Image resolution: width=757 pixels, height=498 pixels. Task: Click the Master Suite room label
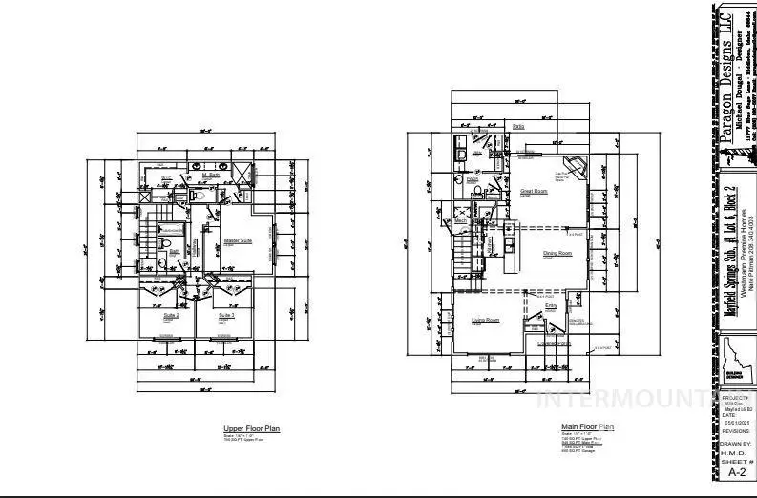238,241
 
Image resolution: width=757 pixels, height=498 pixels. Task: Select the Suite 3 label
226,315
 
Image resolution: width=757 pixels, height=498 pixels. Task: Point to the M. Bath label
212,176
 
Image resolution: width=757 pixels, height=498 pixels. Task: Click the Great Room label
534,191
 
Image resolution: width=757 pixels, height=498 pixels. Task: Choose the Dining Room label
557,253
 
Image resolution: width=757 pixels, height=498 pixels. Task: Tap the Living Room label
486,321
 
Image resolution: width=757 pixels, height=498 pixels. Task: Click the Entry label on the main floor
551,306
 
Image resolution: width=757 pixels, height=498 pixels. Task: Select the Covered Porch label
553,343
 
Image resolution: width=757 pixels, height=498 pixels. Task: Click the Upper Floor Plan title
245,430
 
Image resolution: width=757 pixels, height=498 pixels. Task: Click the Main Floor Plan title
587,427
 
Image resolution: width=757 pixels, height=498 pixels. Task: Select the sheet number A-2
737,471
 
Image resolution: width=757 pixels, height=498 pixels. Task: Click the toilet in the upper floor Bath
165,251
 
